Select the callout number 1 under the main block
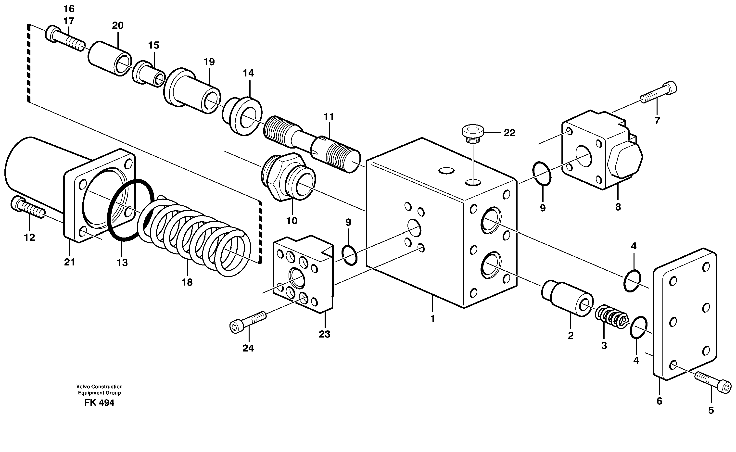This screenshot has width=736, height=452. [x=432, y=318]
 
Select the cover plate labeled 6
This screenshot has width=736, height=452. [x=685, y=314]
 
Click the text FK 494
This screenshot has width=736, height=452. [x=99, y=403]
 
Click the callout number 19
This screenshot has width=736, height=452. [x=209, y=62]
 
